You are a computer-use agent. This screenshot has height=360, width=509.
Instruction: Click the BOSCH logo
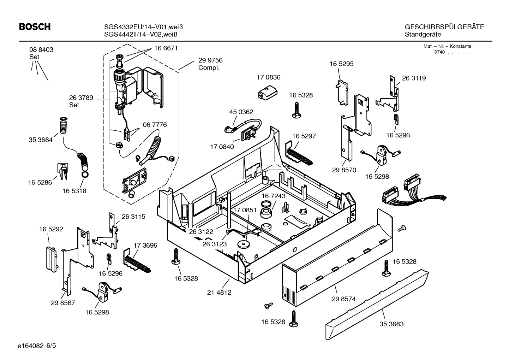(x=34, y=27)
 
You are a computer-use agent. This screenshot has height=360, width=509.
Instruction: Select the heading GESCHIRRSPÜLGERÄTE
(x=444, y=27)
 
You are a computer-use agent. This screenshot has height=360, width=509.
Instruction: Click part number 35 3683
(x=391, y=324)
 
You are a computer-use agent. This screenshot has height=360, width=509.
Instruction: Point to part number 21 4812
(x=219, y=293)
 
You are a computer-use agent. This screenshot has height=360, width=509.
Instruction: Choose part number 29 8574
(x=343, y=299)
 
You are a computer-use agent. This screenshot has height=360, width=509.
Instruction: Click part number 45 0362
(x=241, y=112)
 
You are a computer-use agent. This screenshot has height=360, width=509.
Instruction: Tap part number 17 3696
(x=145, y=245)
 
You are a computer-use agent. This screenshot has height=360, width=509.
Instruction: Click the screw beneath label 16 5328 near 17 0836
(x=296, y=110)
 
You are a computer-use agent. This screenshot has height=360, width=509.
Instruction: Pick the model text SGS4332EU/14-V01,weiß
(x=143, y=27)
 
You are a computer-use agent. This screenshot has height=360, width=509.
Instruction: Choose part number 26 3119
(x=414, y=78)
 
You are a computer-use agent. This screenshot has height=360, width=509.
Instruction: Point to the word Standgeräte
(x=423, y=35)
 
